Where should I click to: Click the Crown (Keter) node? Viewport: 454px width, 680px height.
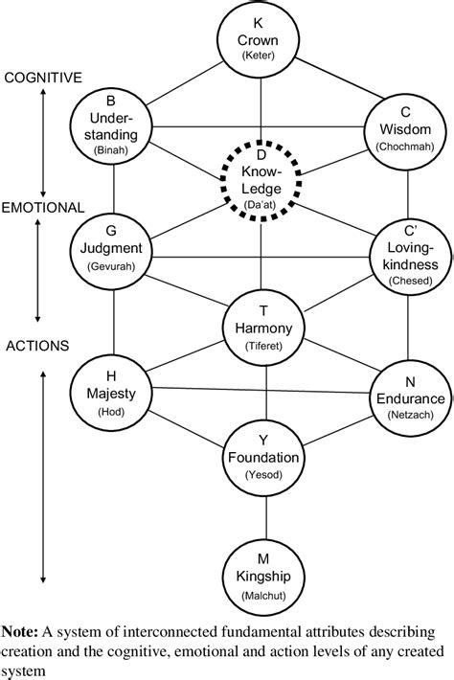click(259, 40)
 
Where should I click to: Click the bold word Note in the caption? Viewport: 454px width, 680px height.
click(20, 632)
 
